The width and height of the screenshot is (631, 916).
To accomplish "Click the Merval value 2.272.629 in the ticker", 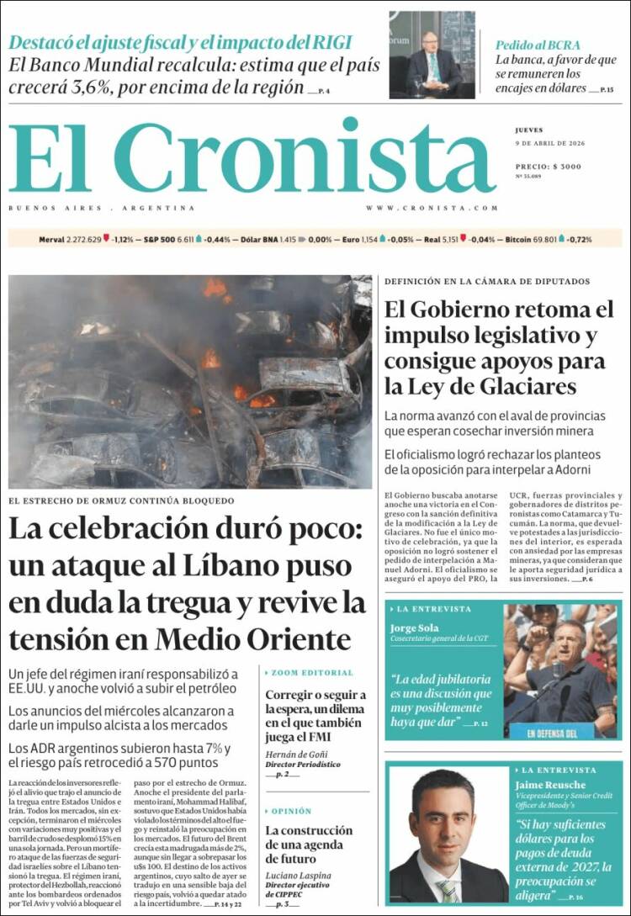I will [82, 240].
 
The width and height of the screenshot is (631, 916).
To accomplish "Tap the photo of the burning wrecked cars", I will [190, 382].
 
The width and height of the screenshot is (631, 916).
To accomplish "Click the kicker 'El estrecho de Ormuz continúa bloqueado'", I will [121, 500].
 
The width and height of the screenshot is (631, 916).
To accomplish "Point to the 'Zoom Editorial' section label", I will [312, 673].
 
